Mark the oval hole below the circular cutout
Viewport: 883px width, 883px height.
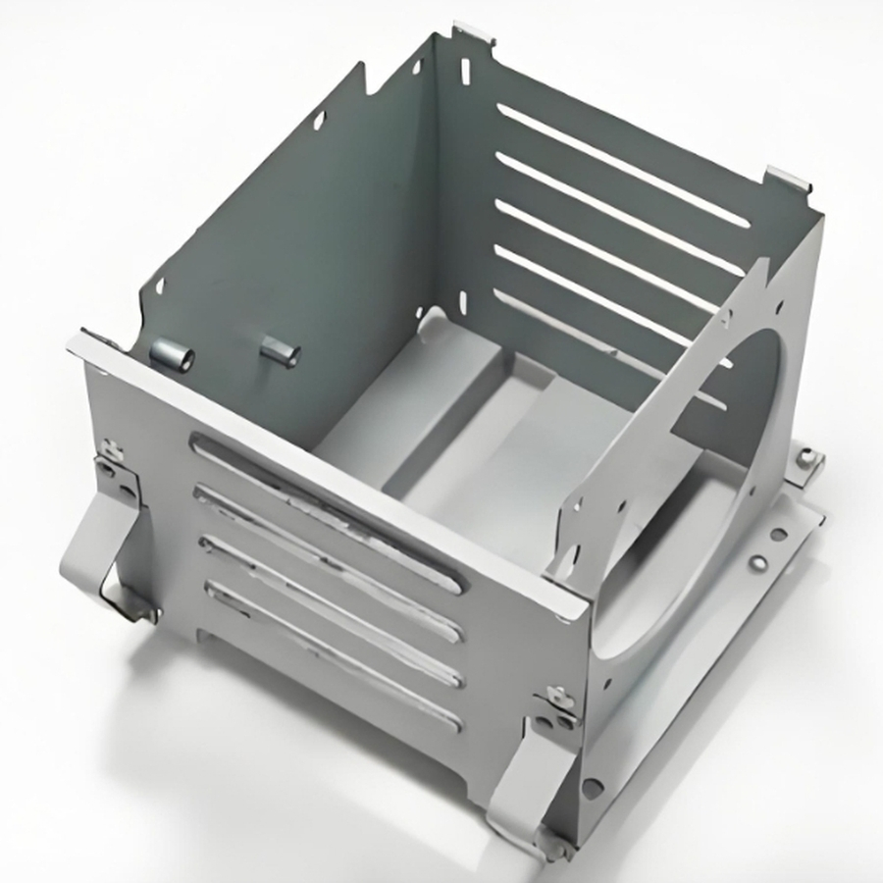pyautogui.click(x=593, y=786)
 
